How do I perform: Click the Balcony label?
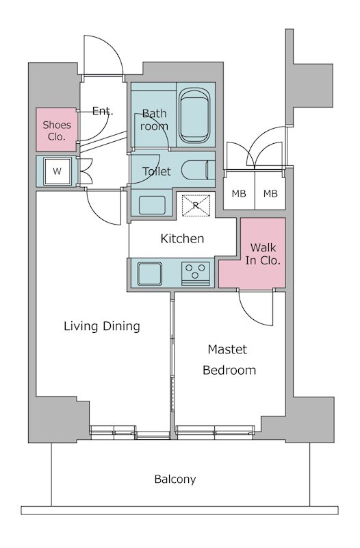175,479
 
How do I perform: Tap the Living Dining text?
102,326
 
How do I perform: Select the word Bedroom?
229,370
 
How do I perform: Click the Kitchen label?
182,238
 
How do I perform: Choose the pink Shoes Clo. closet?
56,129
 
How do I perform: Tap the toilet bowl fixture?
198,170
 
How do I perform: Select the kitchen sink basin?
149,273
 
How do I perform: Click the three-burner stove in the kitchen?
195,273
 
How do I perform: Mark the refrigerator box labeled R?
196,205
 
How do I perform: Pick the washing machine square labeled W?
57,171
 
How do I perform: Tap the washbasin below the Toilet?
152,205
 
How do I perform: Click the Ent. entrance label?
103,112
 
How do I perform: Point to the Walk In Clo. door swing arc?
251,313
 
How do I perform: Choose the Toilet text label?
157,171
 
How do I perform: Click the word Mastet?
227,349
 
